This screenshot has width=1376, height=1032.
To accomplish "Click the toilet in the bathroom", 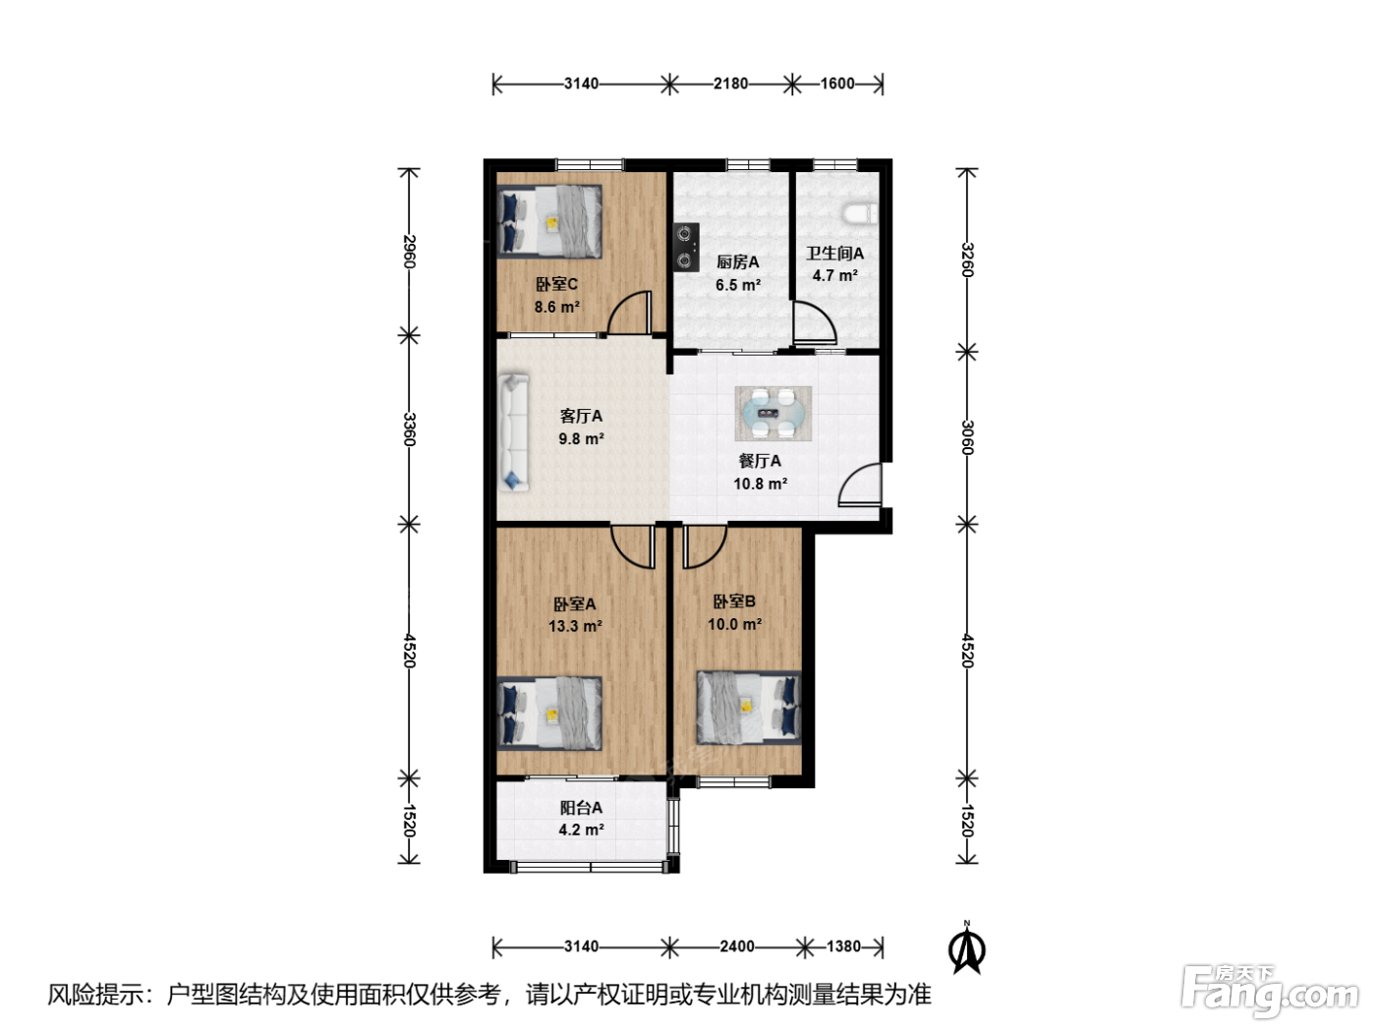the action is click(x=860, y=213).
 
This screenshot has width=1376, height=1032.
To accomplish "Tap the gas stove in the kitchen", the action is click(x=686, y=247).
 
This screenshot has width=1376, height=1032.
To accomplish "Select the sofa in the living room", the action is click(x=514, y=432).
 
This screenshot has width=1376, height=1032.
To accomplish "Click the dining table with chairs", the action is click(x=773, y=414).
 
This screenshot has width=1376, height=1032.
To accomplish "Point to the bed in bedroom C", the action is click(x=549, y=221).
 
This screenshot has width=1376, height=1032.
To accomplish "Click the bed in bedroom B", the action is click(x=749, y=707).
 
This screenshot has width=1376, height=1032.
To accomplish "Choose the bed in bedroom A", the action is click(x=549, y=714).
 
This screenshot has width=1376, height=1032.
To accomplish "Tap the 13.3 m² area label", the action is click(x=576, y=626).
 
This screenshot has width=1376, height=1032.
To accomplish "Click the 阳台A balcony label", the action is click(x=581, y=808).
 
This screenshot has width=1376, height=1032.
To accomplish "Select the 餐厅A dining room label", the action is click(x=760, y=461).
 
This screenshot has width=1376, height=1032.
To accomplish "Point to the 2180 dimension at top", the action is click(x=731, y=84).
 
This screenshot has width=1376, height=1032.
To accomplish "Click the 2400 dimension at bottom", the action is click(x=737, y=946).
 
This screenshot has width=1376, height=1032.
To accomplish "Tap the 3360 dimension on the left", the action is click(x=409, y=430).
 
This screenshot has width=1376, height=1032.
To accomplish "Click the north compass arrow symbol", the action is click(x=967, y=948).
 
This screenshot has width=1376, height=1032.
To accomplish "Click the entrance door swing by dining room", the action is click(x=860, y=485).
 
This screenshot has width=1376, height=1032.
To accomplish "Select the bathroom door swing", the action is click(x=815, y=322).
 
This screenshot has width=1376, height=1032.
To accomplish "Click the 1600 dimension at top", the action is click(x=837, y=84).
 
